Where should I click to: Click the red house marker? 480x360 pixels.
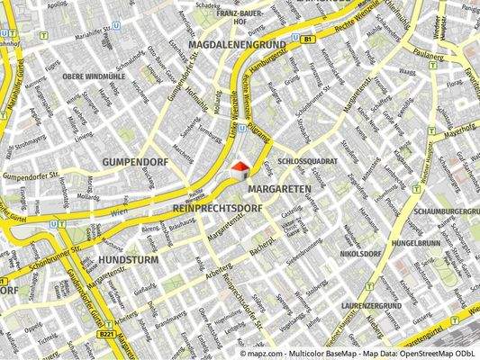click(x=240, y=167)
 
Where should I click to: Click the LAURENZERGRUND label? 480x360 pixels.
click(x=371, y=307)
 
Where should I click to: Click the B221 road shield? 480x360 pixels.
click(x=107, y=334)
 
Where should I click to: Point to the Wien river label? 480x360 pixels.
click(x=120, y=211)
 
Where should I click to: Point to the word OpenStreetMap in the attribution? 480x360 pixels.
click(x=401, y=354)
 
